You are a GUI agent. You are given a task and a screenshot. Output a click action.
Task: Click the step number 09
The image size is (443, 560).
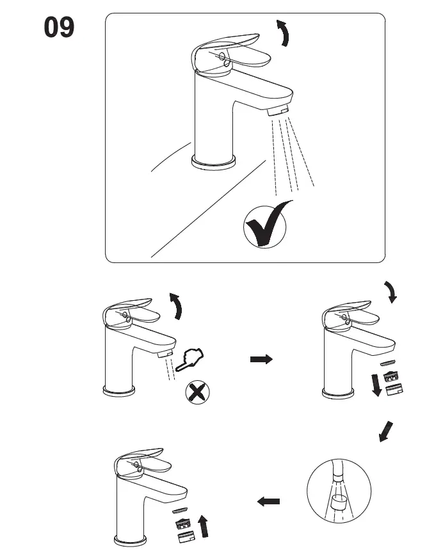pyautogui.click(x=58, y=29)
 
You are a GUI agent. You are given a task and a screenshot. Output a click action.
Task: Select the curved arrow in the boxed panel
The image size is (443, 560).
pyautogui.click(x=282, y=33)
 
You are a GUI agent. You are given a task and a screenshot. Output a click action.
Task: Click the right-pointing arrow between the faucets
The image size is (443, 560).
pyautogui.click(x=261, y=360)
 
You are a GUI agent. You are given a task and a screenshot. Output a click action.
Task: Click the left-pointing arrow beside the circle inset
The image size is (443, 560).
pyautogui.click(x=268, y=502)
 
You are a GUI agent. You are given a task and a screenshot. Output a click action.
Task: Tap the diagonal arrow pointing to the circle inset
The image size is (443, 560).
pyautogui.click(x=386, y=431)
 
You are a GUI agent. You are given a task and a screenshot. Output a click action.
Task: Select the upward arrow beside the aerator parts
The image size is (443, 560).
pyautogui.click(x=205, y=526)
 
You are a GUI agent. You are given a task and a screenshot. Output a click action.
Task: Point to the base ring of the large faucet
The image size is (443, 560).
pyautogui.click(x=214, y=163)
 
